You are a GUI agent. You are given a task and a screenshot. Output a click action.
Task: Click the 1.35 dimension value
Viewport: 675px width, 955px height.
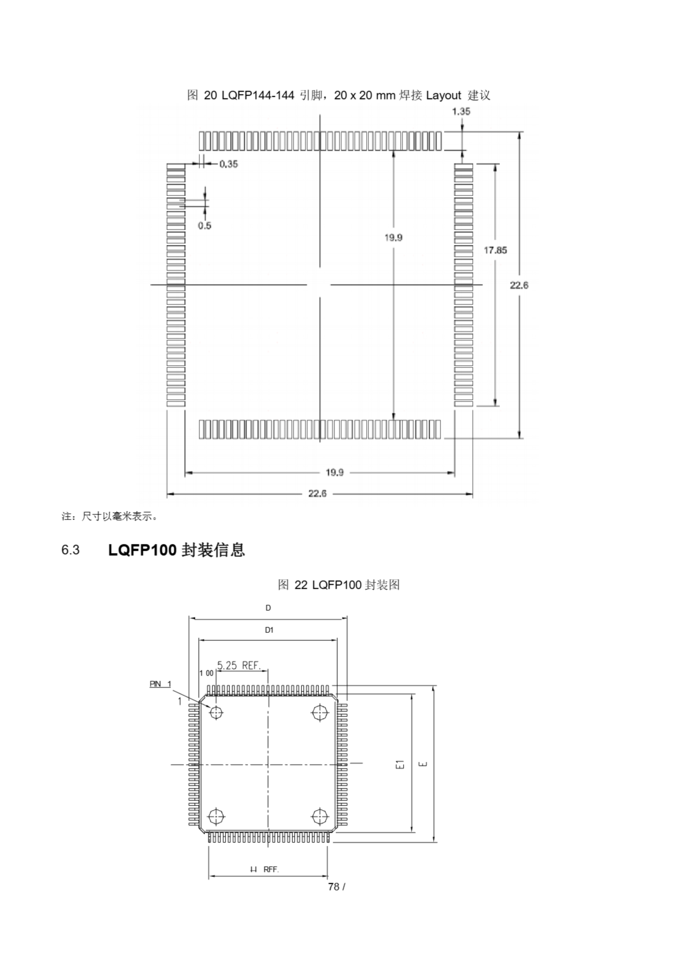(461, 112)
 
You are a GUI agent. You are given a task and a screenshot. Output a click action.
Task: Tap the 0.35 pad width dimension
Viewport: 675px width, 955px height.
(229, 164)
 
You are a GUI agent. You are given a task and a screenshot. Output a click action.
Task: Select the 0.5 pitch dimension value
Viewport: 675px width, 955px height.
(204, 226)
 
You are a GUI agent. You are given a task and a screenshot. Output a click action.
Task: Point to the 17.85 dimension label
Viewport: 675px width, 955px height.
(495, 250)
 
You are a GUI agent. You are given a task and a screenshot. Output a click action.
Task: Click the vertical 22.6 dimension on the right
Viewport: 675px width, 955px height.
(519, 285)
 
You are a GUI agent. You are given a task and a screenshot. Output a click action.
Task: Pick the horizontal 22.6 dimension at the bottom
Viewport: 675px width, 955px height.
(317, 494)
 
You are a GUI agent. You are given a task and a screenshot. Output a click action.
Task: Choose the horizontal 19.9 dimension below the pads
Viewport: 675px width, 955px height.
(335, 473)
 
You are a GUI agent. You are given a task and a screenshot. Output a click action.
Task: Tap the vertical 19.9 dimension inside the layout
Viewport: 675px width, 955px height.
(393, 238)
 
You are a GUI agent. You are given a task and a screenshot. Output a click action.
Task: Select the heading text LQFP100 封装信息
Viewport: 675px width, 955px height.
(176, 550)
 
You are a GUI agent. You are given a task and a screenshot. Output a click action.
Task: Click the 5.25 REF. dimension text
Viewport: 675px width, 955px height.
(239, 666)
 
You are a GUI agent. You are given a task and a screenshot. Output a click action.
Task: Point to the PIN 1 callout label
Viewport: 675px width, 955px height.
(160, 684)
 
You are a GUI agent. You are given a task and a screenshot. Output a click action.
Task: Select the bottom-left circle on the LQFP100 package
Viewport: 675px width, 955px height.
(216, 817)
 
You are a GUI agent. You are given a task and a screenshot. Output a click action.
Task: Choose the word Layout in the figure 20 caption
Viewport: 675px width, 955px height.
(443, 95)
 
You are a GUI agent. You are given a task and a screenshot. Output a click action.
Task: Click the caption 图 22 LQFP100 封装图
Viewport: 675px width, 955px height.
(339, 585)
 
